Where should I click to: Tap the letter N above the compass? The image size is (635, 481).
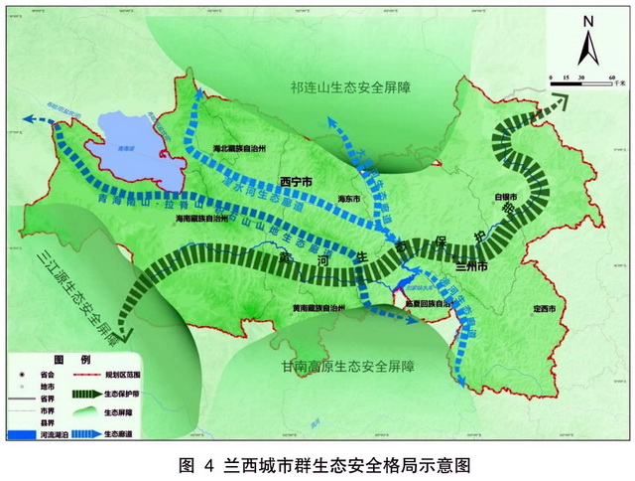(588, 20)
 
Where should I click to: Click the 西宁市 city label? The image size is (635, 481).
(297, 183)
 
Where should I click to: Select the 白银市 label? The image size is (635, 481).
(505, 197)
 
